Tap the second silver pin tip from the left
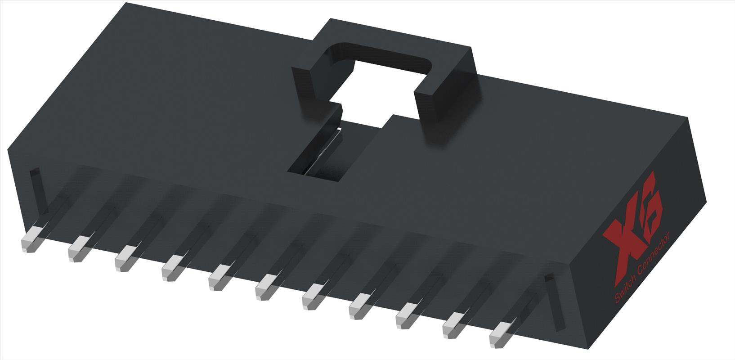click(x=77, y=251)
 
